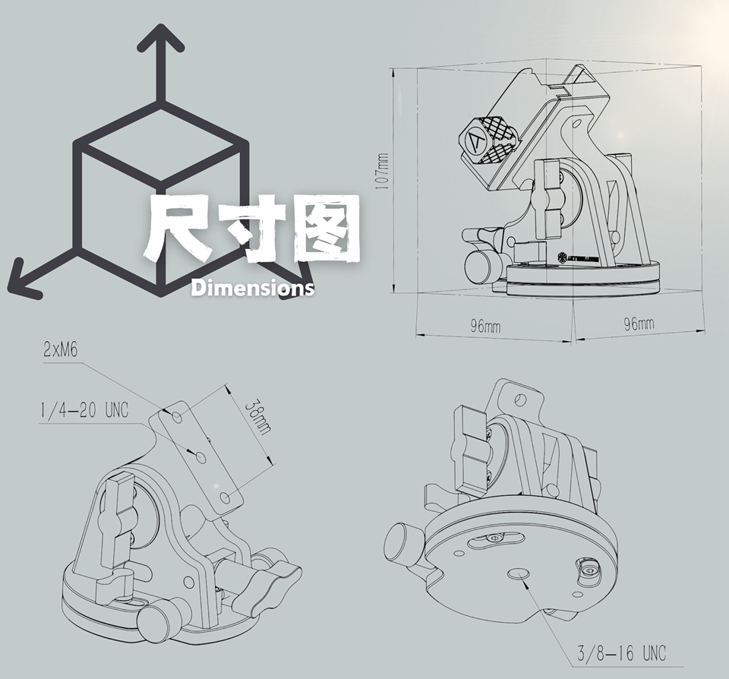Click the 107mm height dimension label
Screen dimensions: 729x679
(x=382, y=171)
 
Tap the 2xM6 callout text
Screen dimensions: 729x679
(x=61, y=349)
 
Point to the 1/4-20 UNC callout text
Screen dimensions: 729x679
(x=84, y=410)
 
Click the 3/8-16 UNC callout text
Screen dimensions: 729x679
(x=622, y=653)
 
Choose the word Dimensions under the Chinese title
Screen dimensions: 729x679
(x=252, y=289)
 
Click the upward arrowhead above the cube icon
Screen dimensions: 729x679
(x=160, y=38)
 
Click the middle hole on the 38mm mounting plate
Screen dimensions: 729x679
(x=200, y=457)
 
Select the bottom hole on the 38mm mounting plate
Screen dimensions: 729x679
(x=226, y=498)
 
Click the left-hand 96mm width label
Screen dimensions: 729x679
(x=485, y=326)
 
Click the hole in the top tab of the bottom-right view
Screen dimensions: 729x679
(x=521, y=399)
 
